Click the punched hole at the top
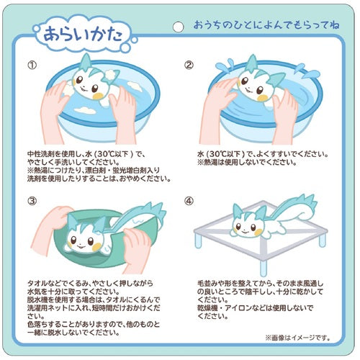(x=176, y=26)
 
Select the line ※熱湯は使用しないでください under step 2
(x=245, y=163)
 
